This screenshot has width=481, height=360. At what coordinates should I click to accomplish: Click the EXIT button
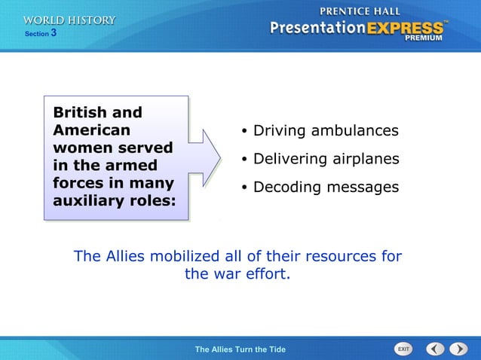click(404, 349)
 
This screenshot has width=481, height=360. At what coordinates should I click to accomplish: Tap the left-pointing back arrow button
click(435, 349)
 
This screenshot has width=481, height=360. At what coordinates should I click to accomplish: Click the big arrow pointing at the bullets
click(204, 158)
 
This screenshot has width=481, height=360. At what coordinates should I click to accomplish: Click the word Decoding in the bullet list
click(284, 187)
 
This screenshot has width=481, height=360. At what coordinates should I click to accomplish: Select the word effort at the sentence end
click(266, 274)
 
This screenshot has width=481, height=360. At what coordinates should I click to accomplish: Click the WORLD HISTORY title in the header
click(69, 20)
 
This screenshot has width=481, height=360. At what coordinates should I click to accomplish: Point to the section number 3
click(54, 33)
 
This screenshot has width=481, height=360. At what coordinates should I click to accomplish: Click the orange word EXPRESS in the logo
click(405, 29)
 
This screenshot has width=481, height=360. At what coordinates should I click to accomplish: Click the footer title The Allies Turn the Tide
click(240, 349)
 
